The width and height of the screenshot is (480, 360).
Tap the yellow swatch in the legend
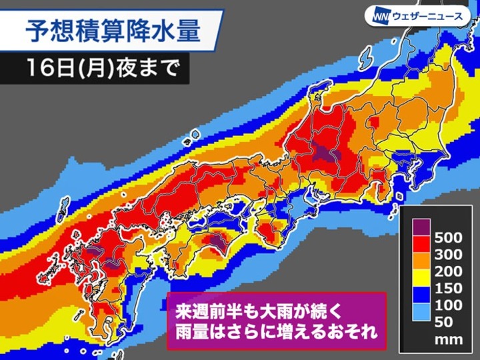tap(417, 280)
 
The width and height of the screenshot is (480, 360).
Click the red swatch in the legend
tap(417, 245)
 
